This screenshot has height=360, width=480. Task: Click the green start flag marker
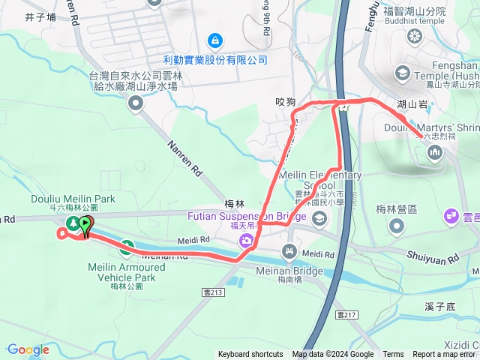pos(86,223)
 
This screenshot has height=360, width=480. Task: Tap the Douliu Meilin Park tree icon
pos(73,223)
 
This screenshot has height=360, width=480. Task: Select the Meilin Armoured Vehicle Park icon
pos(127,246)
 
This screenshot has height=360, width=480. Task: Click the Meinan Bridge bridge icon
pos(289,250)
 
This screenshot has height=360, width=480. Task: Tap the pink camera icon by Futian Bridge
pos(245,241)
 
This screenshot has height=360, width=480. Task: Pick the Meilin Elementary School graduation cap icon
pos(319,218)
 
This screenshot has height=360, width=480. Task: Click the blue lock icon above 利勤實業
pos(214,39)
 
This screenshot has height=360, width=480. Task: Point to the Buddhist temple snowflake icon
pos(414,35)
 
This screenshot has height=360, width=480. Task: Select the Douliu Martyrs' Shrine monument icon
pos(434,154)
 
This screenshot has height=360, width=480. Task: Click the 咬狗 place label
pos(286,102)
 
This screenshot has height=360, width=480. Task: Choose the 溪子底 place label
pos(439,307)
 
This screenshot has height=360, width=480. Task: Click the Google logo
pos(28,349)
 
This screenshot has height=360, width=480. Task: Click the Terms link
pos(393,355)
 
